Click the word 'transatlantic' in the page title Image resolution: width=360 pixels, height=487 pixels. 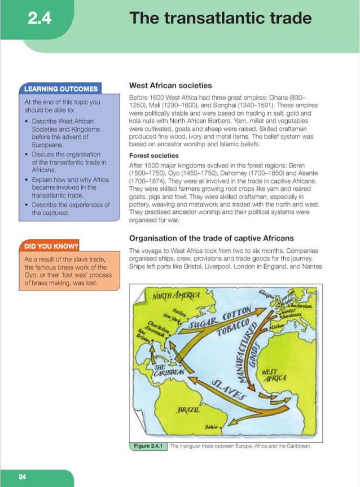(x=216, y=18)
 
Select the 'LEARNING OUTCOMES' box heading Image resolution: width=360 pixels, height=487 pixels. (x=60, y=89)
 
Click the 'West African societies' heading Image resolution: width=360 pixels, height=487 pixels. (x=170, y=86)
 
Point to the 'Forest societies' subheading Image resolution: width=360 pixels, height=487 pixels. (x=154, y=155)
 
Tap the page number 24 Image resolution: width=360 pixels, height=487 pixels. (x=23, y=477)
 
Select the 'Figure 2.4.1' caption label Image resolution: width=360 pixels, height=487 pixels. (x=148, y=446)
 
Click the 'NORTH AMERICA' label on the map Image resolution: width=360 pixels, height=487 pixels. (x=177, y=296)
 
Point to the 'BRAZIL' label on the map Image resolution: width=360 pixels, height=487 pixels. (x=189, y=408)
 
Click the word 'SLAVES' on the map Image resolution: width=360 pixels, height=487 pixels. (x=229, y=389)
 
